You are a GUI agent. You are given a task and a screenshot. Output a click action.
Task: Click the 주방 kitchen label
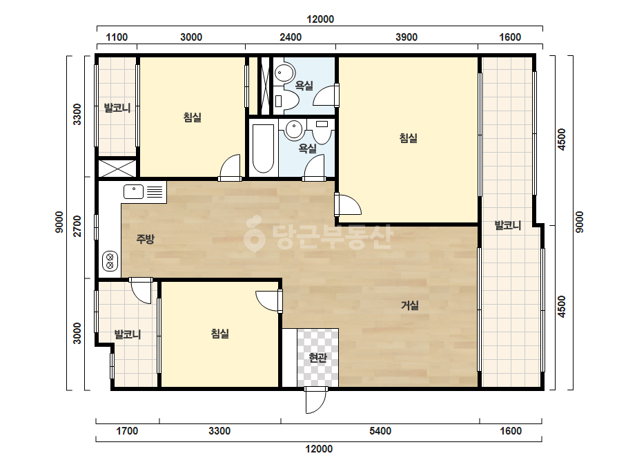(x=145, y=239)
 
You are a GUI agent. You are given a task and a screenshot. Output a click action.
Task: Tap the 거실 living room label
(x=409, y=305)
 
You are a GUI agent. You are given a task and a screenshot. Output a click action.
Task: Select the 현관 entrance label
(x=317, y=358)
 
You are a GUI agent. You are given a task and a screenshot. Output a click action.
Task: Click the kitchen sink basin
(x=133, y=191)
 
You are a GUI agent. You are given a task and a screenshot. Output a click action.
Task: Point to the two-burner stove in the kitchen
(x=110, y=261)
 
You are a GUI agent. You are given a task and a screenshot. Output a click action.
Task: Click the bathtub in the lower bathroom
(x=263, y=149)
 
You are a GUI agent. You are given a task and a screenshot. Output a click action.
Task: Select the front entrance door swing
(x=315, y=400)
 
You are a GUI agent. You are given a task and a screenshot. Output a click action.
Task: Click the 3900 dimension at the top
(x=406, y=37)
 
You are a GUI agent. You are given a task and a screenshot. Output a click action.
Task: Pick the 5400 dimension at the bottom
(x=380, y=431)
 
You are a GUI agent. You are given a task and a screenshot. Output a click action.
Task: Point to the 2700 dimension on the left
(x=77, y=226)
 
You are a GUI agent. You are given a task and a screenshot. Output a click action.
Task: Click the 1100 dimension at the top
(x=117, y=37)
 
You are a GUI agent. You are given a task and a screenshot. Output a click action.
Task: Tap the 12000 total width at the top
(x=320, y=19)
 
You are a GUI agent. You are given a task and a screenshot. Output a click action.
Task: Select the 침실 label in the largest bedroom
(x=409, y=138)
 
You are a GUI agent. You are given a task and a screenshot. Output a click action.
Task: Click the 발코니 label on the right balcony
(x=508, y=225)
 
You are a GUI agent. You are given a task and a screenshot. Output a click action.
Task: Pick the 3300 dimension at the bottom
(x=219, y=431)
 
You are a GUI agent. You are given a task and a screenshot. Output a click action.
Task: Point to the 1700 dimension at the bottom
(x=127, y=431)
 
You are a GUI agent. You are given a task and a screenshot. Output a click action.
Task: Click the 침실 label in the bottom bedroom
(x=219, y=334)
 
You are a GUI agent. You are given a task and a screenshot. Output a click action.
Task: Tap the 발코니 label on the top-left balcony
(x=117, y=108)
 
